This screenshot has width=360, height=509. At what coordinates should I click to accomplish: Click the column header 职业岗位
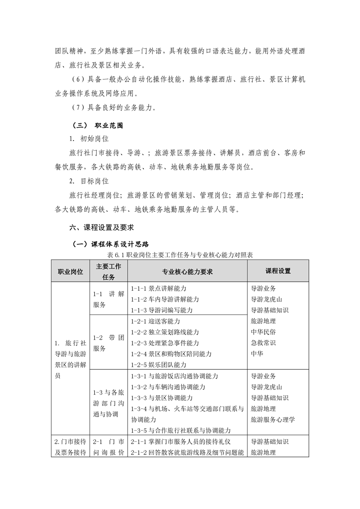click(70, 271)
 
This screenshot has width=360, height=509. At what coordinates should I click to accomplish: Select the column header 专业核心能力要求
click(187, 271)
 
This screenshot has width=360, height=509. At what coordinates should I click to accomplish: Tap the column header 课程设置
click(278, 271)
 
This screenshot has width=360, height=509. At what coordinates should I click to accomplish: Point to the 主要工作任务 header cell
click(108, 271)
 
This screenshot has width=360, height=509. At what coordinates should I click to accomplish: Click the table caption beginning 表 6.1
click(180, 255)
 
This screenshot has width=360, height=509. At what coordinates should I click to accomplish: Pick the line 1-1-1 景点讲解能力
click(158, 289)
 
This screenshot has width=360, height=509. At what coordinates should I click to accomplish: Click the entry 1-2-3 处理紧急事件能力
click(164, 343)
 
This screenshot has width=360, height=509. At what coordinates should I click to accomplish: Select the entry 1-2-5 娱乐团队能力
click(158, 365)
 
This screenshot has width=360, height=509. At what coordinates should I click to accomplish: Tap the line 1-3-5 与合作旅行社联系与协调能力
click(180, 431)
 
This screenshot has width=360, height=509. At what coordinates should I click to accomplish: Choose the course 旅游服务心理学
click(272, 420)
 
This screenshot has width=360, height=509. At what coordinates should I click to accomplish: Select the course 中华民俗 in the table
click(263, 332)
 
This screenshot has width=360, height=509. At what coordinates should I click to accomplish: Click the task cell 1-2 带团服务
click(108, 343)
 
